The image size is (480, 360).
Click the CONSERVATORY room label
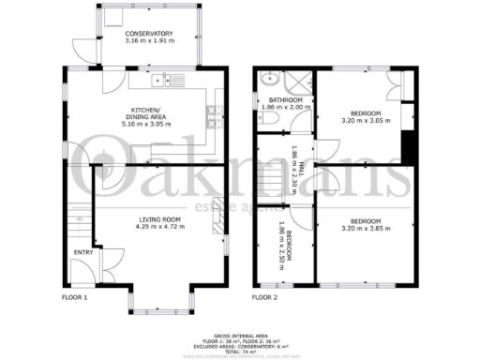(x=150, y=35)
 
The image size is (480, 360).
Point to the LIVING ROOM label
(x=159, y=219)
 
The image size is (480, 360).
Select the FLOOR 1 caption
(x=74, y=297)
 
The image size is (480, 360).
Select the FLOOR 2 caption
(x=265, y=297)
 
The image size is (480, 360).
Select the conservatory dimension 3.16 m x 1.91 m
(x=150, y=42)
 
